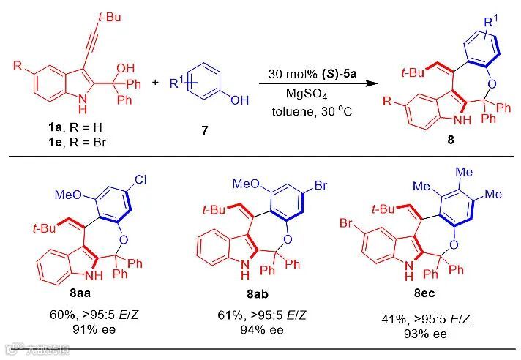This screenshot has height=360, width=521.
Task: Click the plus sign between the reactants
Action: pos(154,81)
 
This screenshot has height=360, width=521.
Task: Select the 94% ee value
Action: pos(261,329)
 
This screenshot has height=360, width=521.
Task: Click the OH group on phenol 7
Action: pos(239,100)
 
